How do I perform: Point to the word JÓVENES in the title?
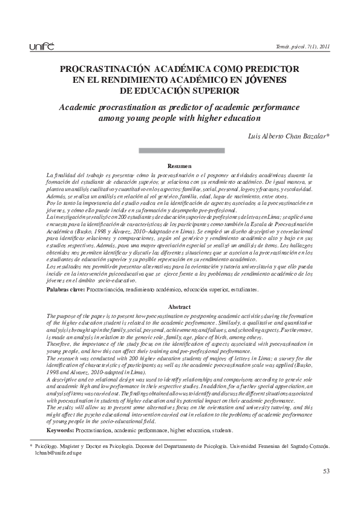click(265, 80)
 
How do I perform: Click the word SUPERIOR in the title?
click(211, 91)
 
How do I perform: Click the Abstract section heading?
click(180, 307)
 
